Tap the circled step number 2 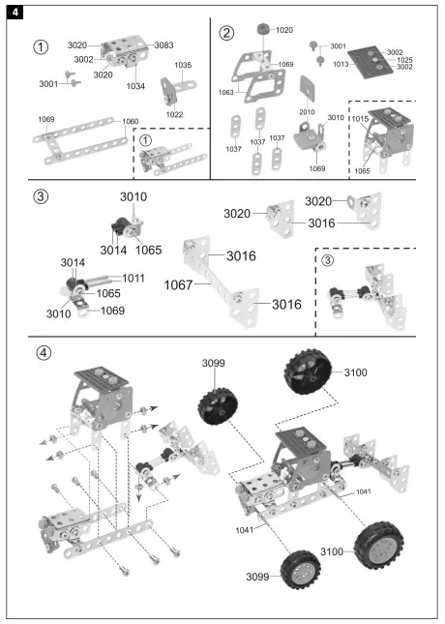pyautogui.click(x=226, y=33)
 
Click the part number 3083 pyautogui.click(x=163, y=45)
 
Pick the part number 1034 pyautogui.click(x=136, y=86)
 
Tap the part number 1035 pyautogui.click(x=182, y=66)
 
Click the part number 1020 pyautogui.click(x=284, y=30)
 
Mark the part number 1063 pyautogui.click(x=225, y=93)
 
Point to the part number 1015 pyautogui.click(x=360, y=118)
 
